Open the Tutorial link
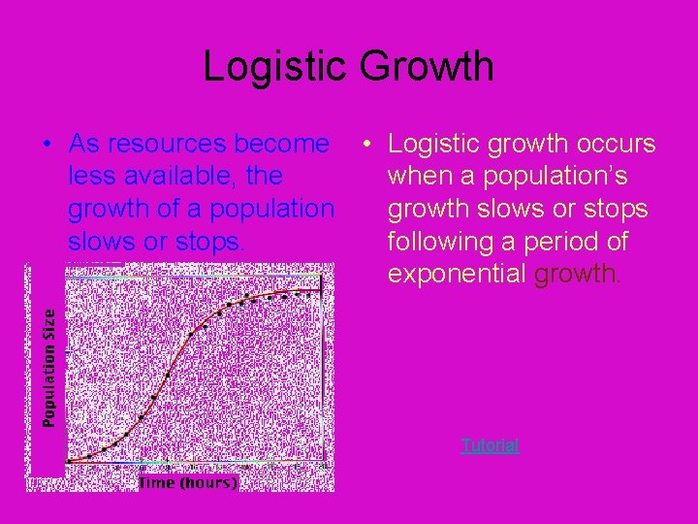tap(490, 445)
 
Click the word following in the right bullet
tap(444, 242)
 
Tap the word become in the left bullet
tap(284, 145)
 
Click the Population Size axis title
tap(48, 368)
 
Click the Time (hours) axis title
tap(188, 482)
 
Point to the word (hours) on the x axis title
tap(209, 482)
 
